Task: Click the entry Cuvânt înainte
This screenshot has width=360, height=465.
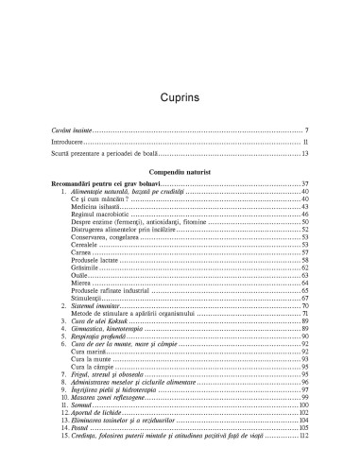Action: (75, 129)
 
